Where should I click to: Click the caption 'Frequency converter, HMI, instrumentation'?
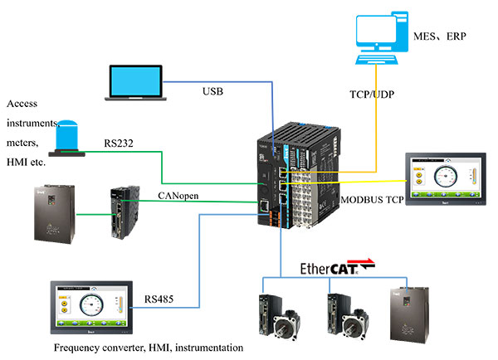pos(148,348)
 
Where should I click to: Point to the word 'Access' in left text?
pos(23,105)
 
